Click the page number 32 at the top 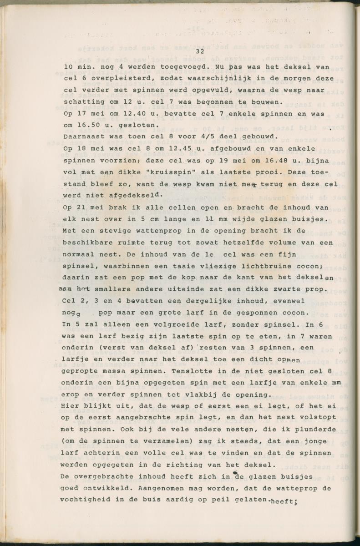pyautogui.click(x=199, y=52)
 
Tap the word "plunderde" pyautogui.click(x=316, y=429)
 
